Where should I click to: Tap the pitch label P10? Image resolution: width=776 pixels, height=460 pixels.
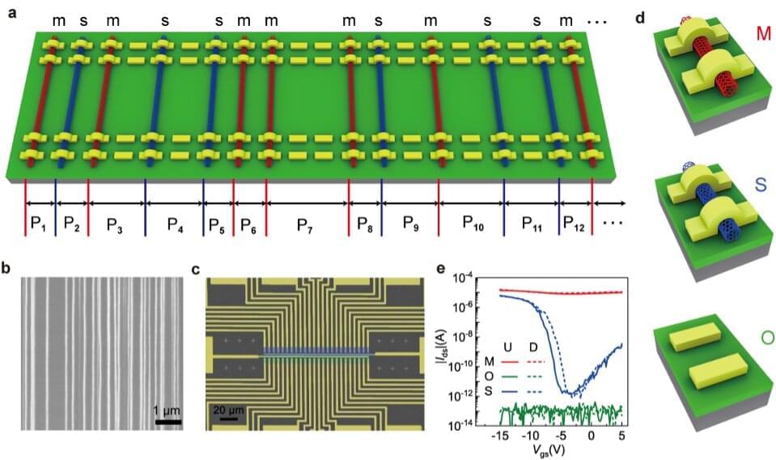[473, 225]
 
